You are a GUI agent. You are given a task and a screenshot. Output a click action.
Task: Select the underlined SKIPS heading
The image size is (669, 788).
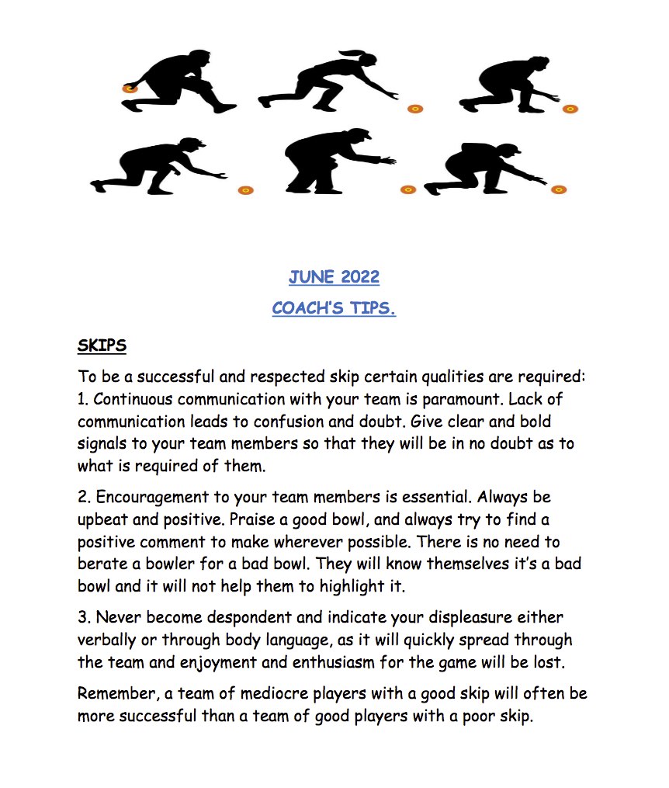click(102, 344)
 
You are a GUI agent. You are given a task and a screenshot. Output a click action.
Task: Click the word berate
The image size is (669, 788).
click(102, 563)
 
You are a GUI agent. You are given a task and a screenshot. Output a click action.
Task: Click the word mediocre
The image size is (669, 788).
click(302, 693)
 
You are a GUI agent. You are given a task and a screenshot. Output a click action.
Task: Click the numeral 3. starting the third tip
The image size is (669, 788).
click(84, 617)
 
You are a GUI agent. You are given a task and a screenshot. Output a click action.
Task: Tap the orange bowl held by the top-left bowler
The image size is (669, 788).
click(130, 89)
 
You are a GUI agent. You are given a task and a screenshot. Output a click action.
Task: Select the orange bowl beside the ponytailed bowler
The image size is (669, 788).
click(415, 108)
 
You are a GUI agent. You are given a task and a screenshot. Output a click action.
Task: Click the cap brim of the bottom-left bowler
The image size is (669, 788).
click(199, 144)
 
